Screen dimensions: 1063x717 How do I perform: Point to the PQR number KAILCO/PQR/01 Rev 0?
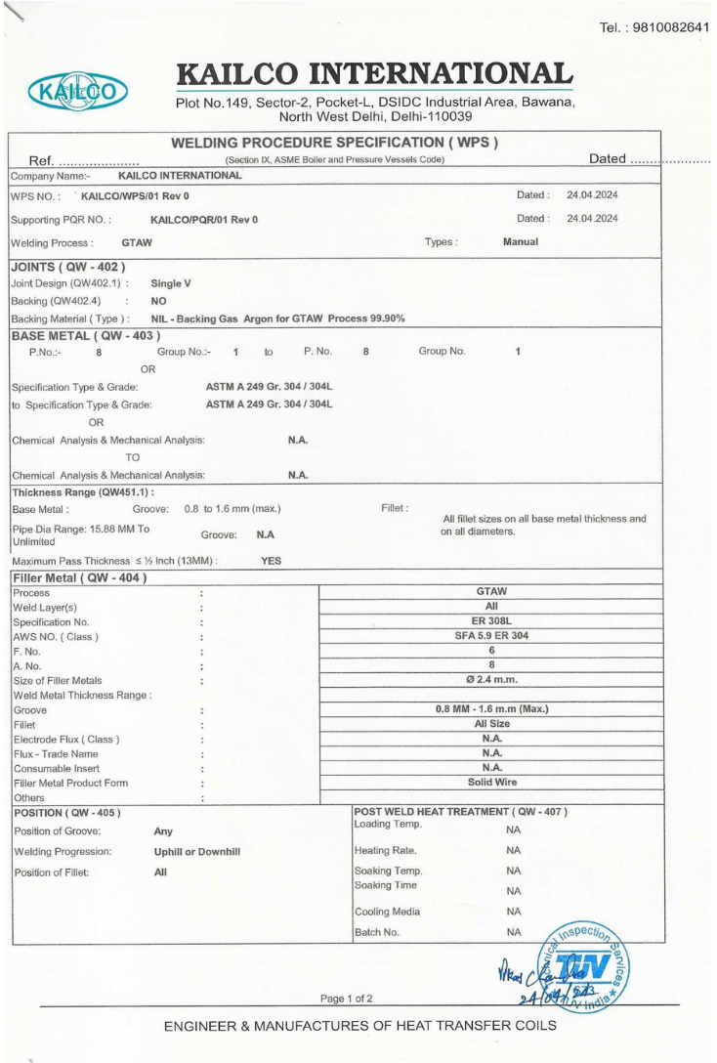pos(204,220)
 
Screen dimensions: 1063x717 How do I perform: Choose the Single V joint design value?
pos(171,282)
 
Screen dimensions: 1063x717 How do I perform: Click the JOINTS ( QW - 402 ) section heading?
pos(67,266)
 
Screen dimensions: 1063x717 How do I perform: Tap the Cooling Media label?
pos(387,912)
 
